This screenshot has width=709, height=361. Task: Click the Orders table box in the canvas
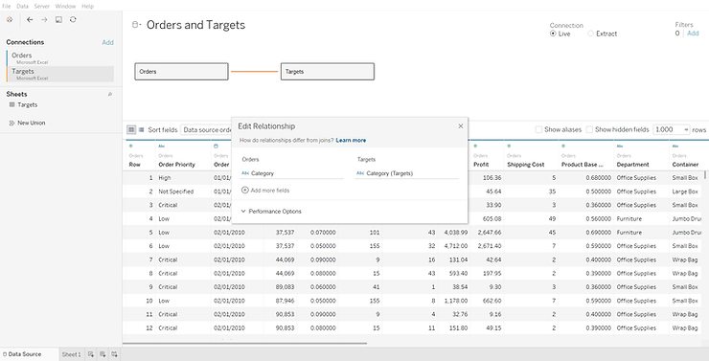pos(181,71)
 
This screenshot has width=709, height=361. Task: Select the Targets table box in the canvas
pos(327,71)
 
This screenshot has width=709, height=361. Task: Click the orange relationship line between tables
pos(255,71)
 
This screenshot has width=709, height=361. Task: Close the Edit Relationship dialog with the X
pos(460,125)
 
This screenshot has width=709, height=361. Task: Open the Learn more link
pos(351,140)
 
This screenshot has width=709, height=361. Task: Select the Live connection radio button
pos(554,34)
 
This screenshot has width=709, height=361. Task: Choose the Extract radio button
pos(590,34)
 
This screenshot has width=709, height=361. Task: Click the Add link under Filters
pos(693,34)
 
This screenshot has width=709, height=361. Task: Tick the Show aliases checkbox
pos(538,129)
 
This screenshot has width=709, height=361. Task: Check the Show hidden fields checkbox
pos(590,129)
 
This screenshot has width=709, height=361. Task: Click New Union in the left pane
pos(31,123)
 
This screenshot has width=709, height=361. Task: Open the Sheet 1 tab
pos(71,354)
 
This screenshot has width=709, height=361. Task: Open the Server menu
pos(42,6)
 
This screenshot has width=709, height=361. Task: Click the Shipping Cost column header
pos(526,164)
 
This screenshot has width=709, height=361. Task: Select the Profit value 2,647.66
pos(490,232)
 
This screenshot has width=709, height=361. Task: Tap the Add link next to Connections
pos(107,42)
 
